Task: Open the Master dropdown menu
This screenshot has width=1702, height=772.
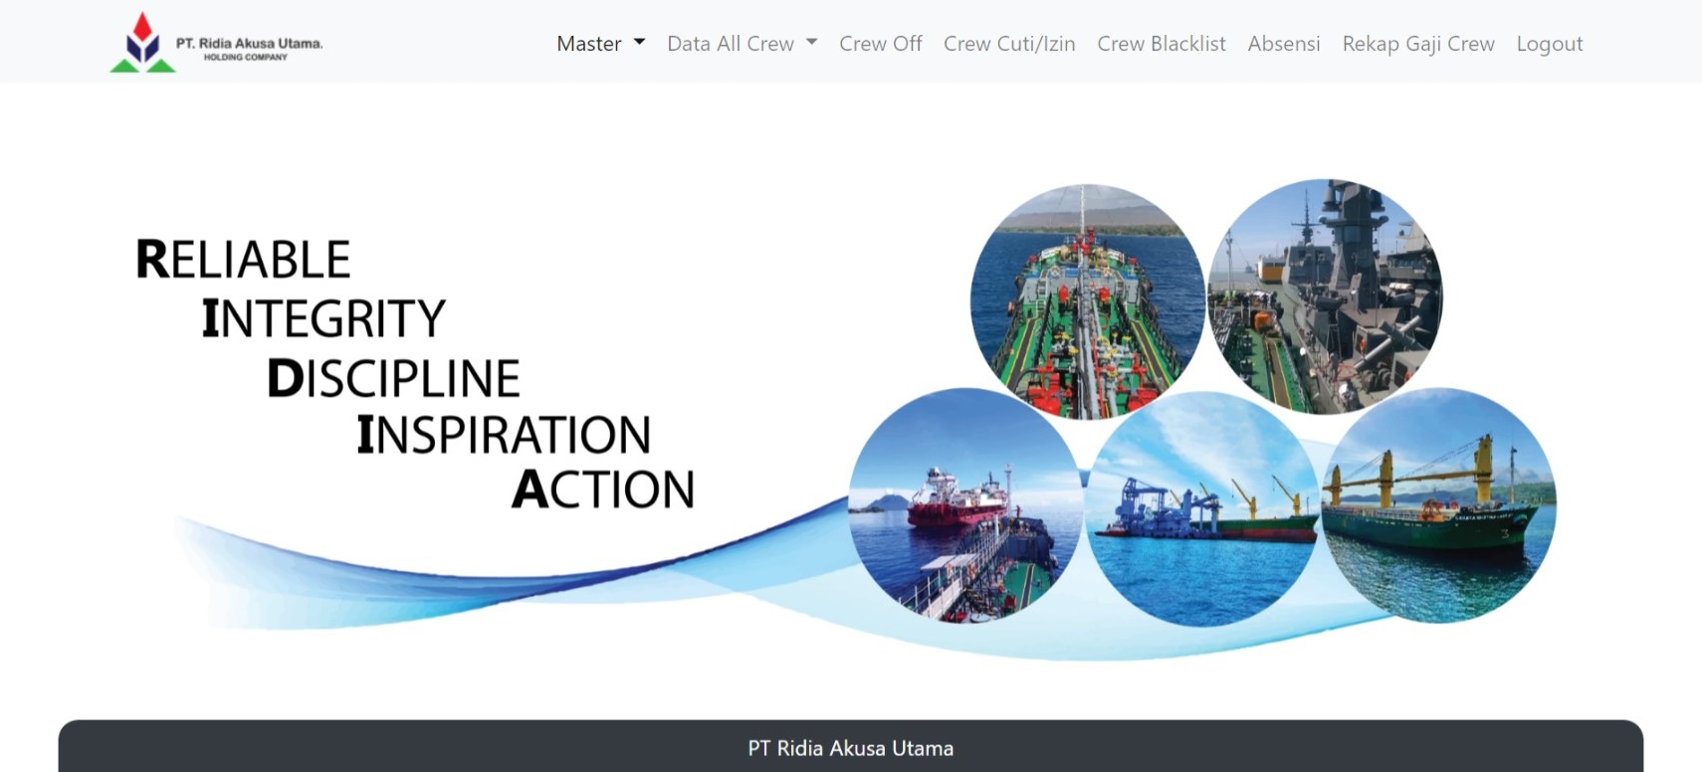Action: point(600,44)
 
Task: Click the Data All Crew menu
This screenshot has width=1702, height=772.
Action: point(742,44)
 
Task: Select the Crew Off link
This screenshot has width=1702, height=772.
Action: point(881,44)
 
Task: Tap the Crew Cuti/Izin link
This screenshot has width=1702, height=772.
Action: point(1009,44)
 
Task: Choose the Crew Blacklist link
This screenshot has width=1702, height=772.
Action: point(1161,44)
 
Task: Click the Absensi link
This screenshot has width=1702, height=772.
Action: point(1284,44)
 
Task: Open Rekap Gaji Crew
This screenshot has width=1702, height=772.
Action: point(1417,44)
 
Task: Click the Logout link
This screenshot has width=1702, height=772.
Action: point(1550,44)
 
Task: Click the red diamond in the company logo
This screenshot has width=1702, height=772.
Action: point(142,27)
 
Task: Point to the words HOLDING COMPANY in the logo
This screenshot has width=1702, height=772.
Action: point(246,57)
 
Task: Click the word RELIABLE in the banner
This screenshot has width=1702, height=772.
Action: point(243,260)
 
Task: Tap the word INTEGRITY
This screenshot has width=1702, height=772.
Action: point(323,318)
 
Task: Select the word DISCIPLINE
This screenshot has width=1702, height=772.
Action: point(393,378)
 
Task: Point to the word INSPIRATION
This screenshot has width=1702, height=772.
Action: point(504,435)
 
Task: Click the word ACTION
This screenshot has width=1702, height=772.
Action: point(603,488)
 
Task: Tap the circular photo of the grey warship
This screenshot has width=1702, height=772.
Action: point(1325,296)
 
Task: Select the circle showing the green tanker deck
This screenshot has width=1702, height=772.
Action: point(1087,302)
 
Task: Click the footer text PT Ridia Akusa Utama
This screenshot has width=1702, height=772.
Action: point(850,748)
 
